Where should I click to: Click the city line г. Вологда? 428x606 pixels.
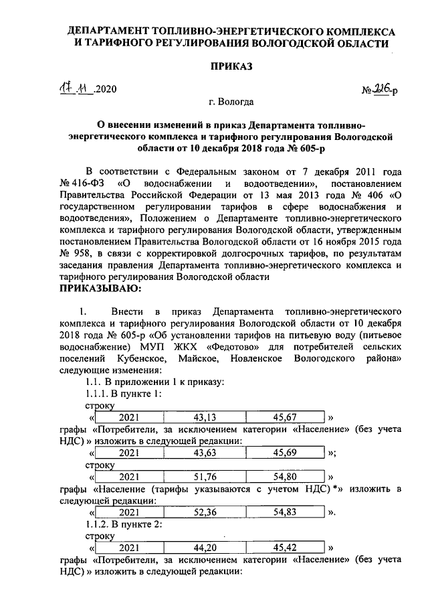[231, 102]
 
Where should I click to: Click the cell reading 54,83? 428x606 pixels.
[286, 512]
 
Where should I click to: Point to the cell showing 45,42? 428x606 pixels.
[286, 547]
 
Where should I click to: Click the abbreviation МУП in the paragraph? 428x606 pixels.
[156, 348]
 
